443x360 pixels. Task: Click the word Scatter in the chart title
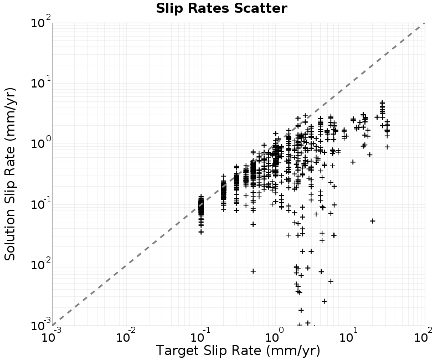coord(260,8)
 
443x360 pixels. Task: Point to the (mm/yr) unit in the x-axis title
coord(293,351)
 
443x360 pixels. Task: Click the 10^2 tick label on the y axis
coord(41,22)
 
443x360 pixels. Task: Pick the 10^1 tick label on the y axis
coord(41,82)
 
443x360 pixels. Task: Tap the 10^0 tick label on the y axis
coord(41,143)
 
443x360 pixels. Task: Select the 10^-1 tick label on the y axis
coord(41,204)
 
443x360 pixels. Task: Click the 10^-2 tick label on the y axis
coord(41,265)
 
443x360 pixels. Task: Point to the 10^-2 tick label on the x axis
coord(127,336)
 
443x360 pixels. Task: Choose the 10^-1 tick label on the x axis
coord(201,336)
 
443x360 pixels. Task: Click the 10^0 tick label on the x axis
coord(275,336)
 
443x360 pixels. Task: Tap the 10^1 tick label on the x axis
coord(349,336)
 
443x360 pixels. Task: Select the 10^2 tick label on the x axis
coord(424,336)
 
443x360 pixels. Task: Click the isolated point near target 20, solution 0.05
coord(373,221)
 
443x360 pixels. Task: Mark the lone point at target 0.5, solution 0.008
coord(253,271)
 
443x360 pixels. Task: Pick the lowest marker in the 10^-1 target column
coord(201,232)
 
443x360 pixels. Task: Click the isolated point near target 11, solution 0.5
coord(353,162)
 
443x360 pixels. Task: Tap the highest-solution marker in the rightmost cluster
coord(382,102)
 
